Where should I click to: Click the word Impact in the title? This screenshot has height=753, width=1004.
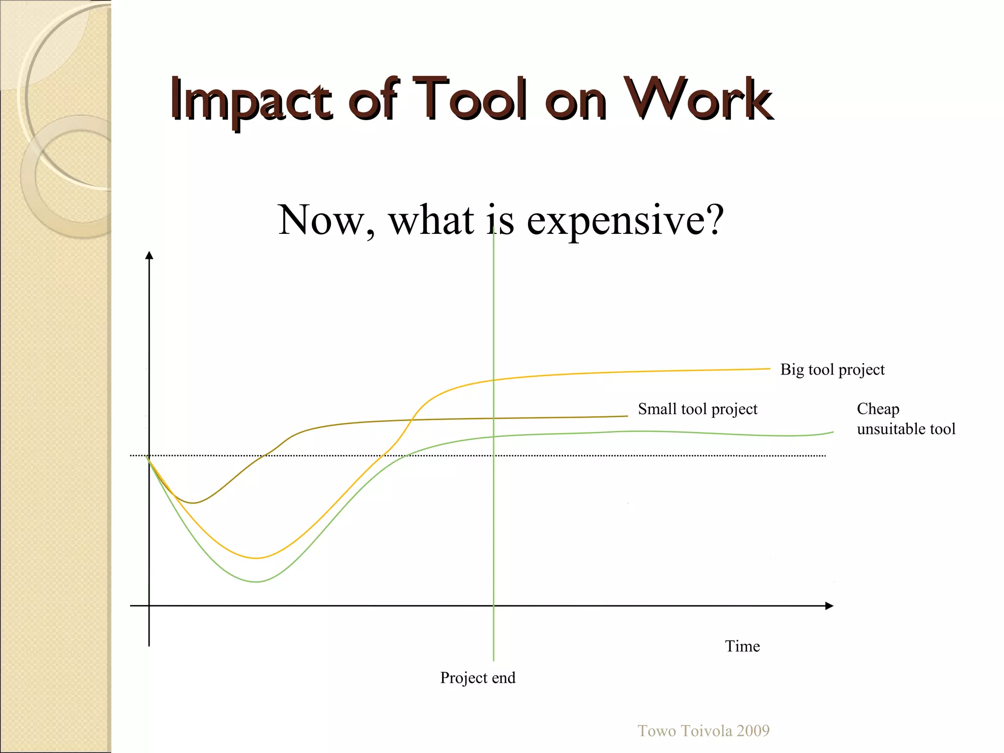[251, 100]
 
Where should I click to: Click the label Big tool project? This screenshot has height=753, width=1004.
[832, 370]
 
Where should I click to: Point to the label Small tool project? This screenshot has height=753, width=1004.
[697, 409]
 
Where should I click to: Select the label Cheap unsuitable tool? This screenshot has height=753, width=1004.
[905, 419]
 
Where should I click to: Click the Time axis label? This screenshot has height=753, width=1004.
[742, 646]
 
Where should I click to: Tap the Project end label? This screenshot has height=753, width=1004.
[477, 678]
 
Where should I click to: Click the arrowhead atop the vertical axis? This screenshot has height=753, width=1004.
[150, 255]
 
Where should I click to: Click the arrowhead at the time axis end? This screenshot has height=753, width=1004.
[829, 606]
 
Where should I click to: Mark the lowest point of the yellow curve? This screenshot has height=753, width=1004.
[256, 558]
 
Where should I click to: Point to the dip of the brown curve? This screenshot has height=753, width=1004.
[193, 503]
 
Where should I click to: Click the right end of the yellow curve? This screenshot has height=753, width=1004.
[769, 369]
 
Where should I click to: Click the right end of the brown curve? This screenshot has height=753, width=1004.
[627, 416]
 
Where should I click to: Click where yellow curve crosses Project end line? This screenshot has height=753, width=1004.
[494, 380]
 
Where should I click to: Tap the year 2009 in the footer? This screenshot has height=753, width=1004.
[753, 731]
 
